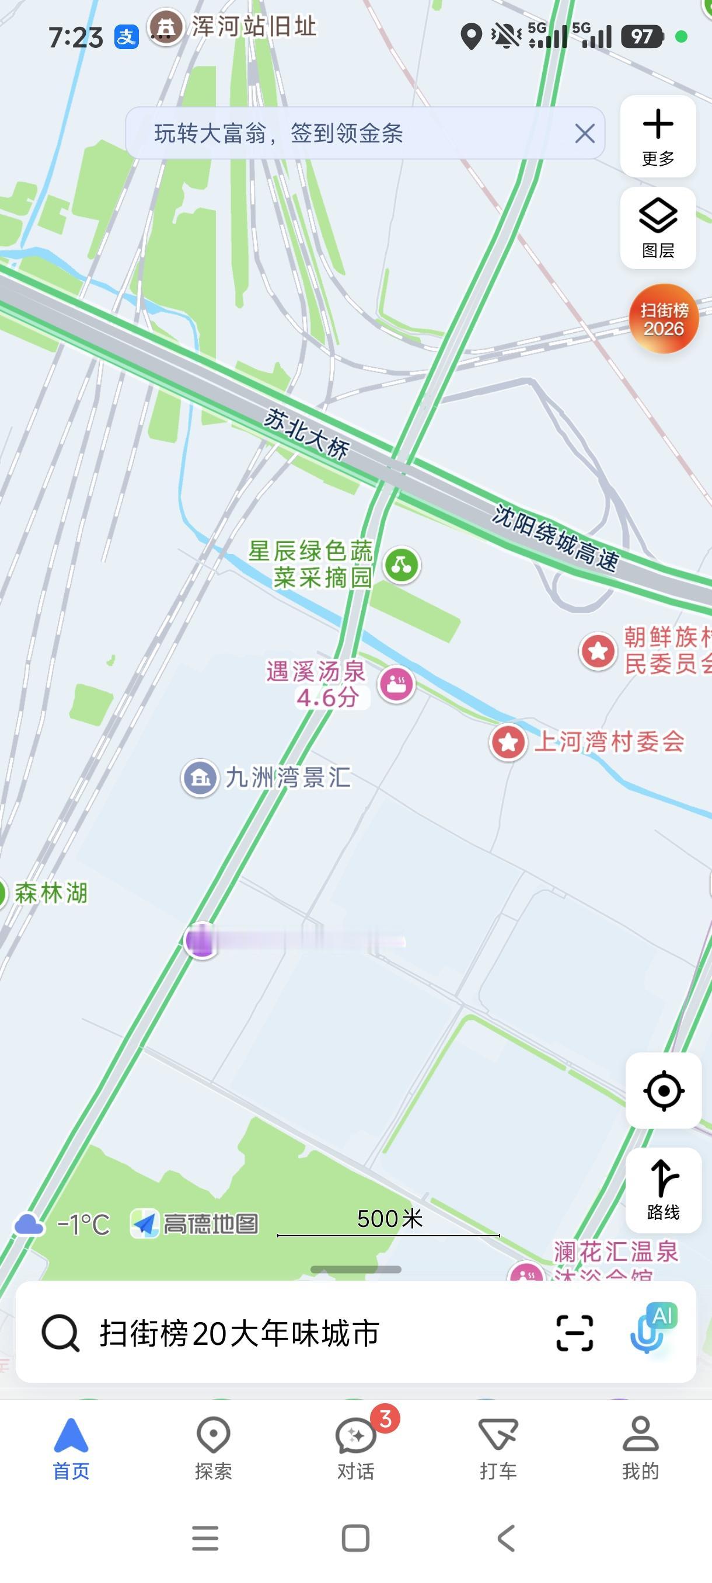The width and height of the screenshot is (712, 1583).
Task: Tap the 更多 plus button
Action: click(x=658, y=136)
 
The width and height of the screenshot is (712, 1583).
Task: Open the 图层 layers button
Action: click(x=658, y=228)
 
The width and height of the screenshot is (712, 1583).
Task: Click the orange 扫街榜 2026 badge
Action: click(x=664, y=318)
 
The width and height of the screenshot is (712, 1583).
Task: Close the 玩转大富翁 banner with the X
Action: click(x=584, y=133)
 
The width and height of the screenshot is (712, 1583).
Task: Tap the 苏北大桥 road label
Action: click(x=306, y=434)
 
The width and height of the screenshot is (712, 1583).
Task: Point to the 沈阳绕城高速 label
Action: click(x=556, y=538)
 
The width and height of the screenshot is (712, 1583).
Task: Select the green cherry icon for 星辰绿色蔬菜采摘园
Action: click(x=402, y=564)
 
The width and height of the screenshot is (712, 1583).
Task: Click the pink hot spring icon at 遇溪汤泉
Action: click(x=396, y=684)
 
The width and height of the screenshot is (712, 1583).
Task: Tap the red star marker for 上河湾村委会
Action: click(x=508, y=742)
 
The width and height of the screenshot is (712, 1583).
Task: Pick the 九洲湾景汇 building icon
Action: click(x=200, y=778)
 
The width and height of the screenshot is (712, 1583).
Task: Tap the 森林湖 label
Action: click(x=51, y=893)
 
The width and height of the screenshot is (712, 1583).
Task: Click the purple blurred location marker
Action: click(x=201, y=940)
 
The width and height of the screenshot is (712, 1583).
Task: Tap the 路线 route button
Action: click(x=664, y=1190)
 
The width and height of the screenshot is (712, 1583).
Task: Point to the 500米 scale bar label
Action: click(x=389, y=1219)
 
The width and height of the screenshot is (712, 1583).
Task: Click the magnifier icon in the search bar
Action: click(x=60, y=1333)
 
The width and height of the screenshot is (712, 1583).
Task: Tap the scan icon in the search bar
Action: click(x=574, y=1333)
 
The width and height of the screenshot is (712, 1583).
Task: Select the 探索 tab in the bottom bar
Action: click(x=213, y=1448)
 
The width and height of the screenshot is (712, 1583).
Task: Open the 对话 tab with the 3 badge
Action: click(x=355, y=1448)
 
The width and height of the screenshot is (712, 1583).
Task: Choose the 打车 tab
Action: click(x=498, y=1448)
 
